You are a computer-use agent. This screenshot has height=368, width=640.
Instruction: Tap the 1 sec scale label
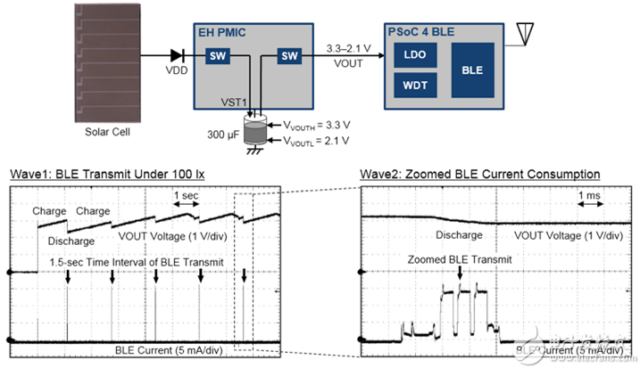point(186,195)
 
